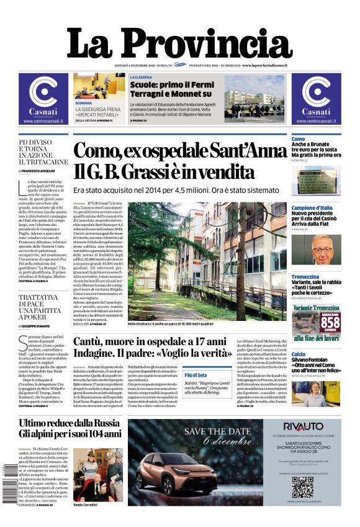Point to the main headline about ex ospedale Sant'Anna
[x=180, y=161]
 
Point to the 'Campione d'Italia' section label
[x=312, y=208]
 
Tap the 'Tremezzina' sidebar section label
[x=305, y=277]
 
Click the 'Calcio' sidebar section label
[x=299, y=354]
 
